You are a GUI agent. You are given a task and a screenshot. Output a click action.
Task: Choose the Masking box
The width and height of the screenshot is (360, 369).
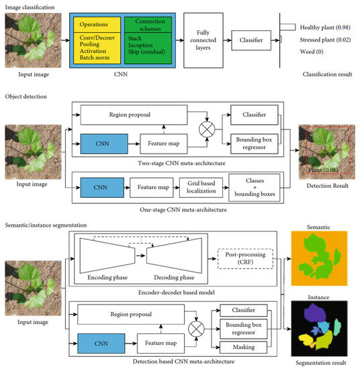click(x=244, y=345)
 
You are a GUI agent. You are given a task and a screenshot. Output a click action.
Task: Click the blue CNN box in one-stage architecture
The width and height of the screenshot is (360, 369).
click(x=101, y=182)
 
